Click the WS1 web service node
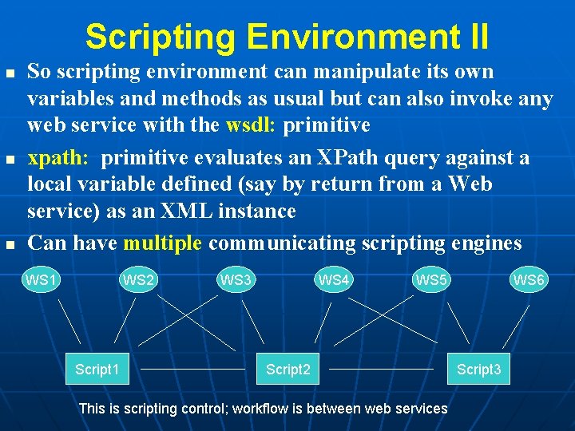[x=42, y=280]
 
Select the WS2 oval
[x=138, y=280]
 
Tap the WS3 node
[x=236, y=280]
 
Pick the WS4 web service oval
[x=334, y=280]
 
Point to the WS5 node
[x=432, y=280]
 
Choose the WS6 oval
[x=529, y=280]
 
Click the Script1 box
[x=97, y=369]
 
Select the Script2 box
[x=288, y=369]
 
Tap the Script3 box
[x=478, y=369]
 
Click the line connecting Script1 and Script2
[x=192, y=370]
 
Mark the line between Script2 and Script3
[x=381, y=370]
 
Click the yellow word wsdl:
[x=252, y=125]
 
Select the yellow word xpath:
[x=57, y=157]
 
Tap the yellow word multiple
[x=163, y=243]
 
